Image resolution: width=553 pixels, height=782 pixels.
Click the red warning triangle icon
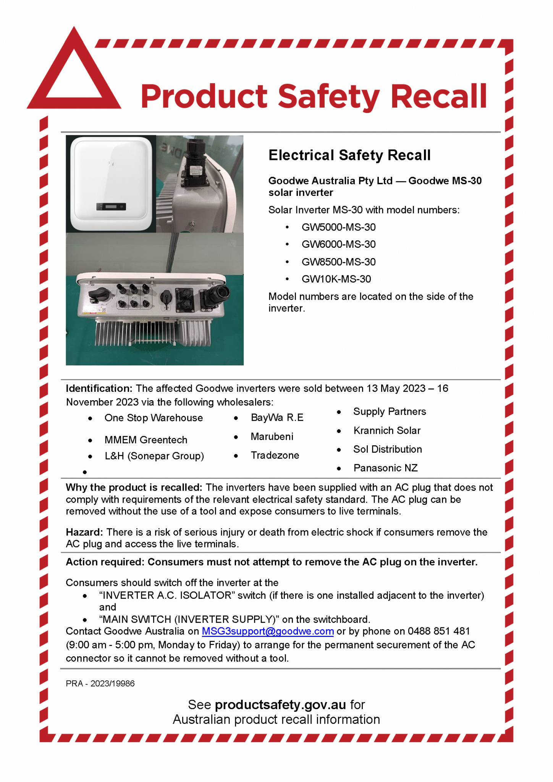(74, 76)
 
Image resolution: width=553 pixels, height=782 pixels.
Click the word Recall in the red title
(438, 96)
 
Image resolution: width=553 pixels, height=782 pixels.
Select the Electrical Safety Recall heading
(349, 155)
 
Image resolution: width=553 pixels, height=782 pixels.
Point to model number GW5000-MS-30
(338, 227)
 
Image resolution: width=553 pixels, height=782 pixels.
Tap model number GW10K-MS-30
(336, 279)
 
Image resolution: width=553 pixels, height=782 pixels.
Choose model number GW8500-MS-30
(338, 262)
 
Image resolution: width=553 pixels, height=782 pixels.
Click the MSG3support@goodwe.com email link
(268, 631)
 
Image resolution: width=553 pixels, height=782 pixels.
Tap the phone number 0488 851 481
(438, 631)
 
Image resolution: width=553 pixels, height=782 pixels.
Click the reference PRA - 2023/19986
(100, 683)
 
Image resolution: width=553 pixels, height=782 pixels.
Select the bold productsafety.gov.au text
(280, 704)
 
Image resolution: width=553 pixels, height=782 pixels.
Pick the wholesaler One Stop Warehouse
(154, 418)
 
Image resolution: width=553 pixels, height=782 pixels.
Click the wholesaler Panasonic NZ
(385, 468)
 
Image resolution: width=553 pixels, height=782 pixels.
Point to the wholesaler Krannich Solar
(387, 431)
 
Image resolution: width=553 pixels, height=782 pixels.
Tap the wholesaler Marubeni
(272, 436)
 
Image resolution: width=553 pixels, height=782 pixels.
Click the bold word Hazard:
(84, 532)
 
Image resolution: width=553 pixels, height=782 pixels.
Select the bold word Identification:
(99, 388)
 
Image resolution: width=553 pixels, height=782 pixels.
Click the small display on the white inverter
(111, 207)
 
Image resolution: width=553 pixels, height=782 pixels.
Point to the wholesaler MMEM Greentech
(146, 440)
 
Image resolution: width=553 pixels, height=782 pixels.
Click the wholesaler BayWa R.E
(277, 418)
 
